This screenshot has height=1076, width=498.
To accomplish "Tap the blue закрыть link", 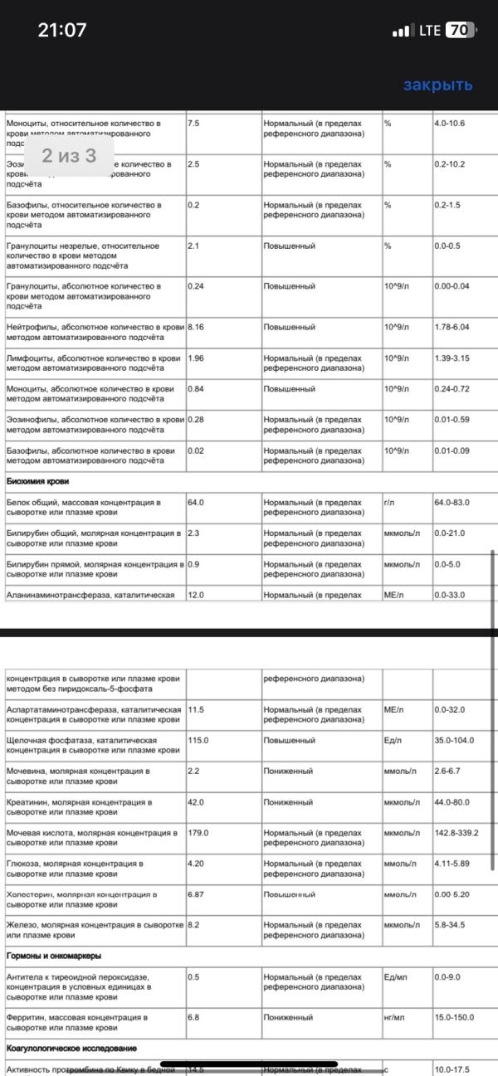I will click(x=437, y=85).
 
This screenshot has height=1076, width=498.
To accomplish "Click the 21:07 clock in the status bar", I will click(x=62, y=31).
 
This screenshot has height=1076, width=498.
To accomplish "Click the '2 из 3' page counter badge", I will click(x=70, y=155).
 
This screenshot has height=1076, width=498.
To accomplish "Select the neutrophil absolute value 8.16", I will click(x=197, y=327).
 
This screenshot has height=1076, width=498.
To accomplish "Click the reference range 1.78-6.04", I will click(x=452, y=327).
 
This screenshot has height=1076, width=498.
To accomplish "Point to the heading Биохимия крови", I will click(x=37, y=481).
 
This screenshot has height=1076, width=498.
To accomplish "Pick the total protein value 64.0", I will click(x=196, y=503).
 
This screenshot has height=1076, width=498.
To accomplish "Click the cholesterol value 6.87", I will click(x=196, y=895).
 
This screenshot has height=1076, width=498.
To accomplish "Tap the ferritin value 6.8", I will click(x=193, y=1017).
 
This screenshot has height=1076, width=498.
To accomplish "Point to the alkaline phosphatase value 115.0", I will click(x=198, y=741).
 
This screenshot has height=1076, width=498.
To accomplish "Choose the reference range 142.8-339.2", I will click(x=461, y=833).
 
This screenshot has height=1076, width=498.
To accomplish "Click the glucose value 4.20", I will click(x=196, y=864).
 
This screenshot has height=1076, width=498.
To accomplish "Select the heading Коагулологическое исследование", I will click(x=71, y=1049).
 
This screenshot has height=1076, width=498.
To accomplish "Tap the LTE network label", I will click(x=430, y=31).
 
